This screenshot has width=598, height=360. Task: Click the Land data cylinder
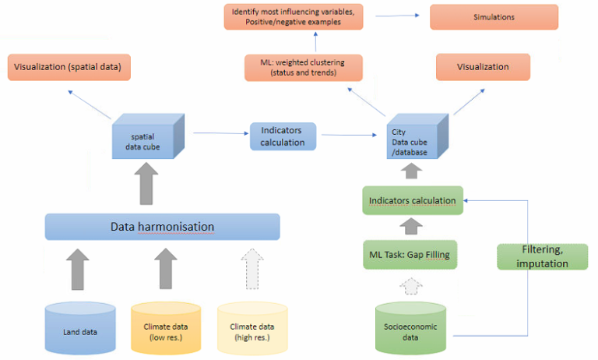(x=80, y=328)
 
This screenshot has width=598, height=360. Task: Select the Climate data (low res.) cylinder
(x=166, y=328)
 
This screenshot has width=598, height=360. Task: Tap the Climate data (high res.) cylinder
(x=252, y=328)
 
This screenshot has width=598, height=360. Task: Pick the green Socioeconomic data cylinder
(x=410, y=328)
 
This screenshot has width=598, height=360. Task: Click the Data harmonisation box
(x=163, y=227)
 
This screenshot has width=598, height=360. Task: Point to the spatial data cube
(x=148, y=136)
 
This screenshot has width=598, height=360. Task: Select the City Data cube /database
(x=417, y=136)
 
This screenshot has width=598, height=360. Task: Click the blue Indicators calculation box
(x=283, y=136)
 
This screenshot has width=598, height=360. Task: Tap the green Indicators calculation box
(x=413, y=200)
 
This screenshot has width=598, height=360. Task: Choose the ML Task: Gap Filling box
(x=410, y=255)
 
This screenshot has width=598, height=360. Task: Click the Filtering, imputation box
(x=542, y=257)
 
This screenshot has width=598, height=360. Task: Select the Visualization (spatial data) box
(x=69, y=67)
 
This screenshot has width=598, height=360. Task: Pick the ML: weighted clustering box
(x=304, y=68)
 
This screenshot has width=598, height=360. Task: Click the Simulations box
(x=494, y=17)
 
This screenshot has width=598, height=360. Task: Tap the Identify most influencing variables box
(x=294, y=17)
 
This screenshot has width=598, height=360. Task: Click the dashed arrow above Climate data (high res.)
(x=252, y=269)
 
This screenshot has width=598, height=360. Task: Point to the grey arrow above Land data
(x=78, y=269)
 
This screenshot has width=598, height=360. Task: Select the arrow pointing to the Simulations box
(x=397, y=16)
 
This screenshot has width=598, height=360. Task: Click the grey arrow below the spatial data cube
(x=146, y=183)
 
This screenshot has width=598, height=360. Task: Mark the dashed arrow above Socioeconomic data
(x=411, y=286)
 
